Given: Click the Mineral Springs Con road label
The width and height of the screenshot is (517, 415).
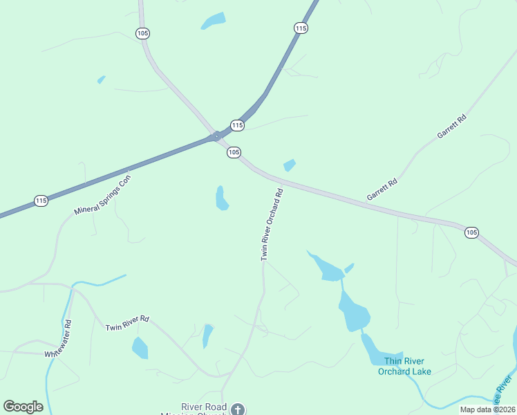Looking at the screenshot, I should point(102,194).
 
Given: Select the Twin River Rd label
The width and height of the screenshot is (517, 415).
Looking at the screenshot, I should point(127,322).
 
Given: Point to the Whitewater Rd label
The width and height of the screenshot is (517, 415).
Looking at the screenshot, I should point(58,338).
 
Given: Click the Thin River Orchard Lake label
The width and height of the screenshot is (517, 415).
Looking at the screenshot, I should point(404,366).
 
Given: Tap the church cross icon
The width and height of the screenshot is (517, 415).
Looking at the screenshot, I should point(238,409).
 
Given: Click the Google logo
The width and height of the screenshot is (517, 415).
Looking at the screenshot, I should point(23,407).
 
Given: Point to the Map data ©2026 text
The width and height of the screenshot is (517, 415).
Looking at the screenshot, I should point(488,409).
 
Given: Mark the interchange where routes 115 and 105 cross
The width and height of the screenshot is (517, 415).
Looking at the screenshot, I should point(217,136).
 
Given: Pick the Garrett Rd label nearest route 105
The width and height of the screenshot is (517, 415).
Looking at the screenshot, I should point(382,190).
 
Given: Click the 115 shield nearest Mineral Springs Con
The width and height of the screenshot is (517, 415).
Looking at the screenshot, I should point(41,201).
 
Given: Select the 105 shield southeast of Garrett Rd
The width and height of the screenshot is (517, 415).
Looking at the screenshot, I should point(471,232).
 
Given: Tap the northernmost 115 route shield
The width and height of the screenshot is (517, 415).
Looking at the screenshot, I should point(300,28).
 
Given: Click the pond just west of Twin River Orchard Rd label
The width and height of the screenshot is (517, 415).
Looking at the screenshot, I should point(221,199).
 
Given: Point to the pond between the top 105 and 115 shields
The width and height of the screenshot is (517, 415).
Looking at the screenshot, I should point(213,21).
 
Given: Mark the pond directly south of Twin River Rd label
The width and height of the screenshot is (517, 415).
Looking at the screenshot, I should point(140,348).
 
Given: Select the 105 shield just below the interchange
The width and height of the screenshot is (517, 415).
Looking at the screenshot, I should point(234,152).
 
